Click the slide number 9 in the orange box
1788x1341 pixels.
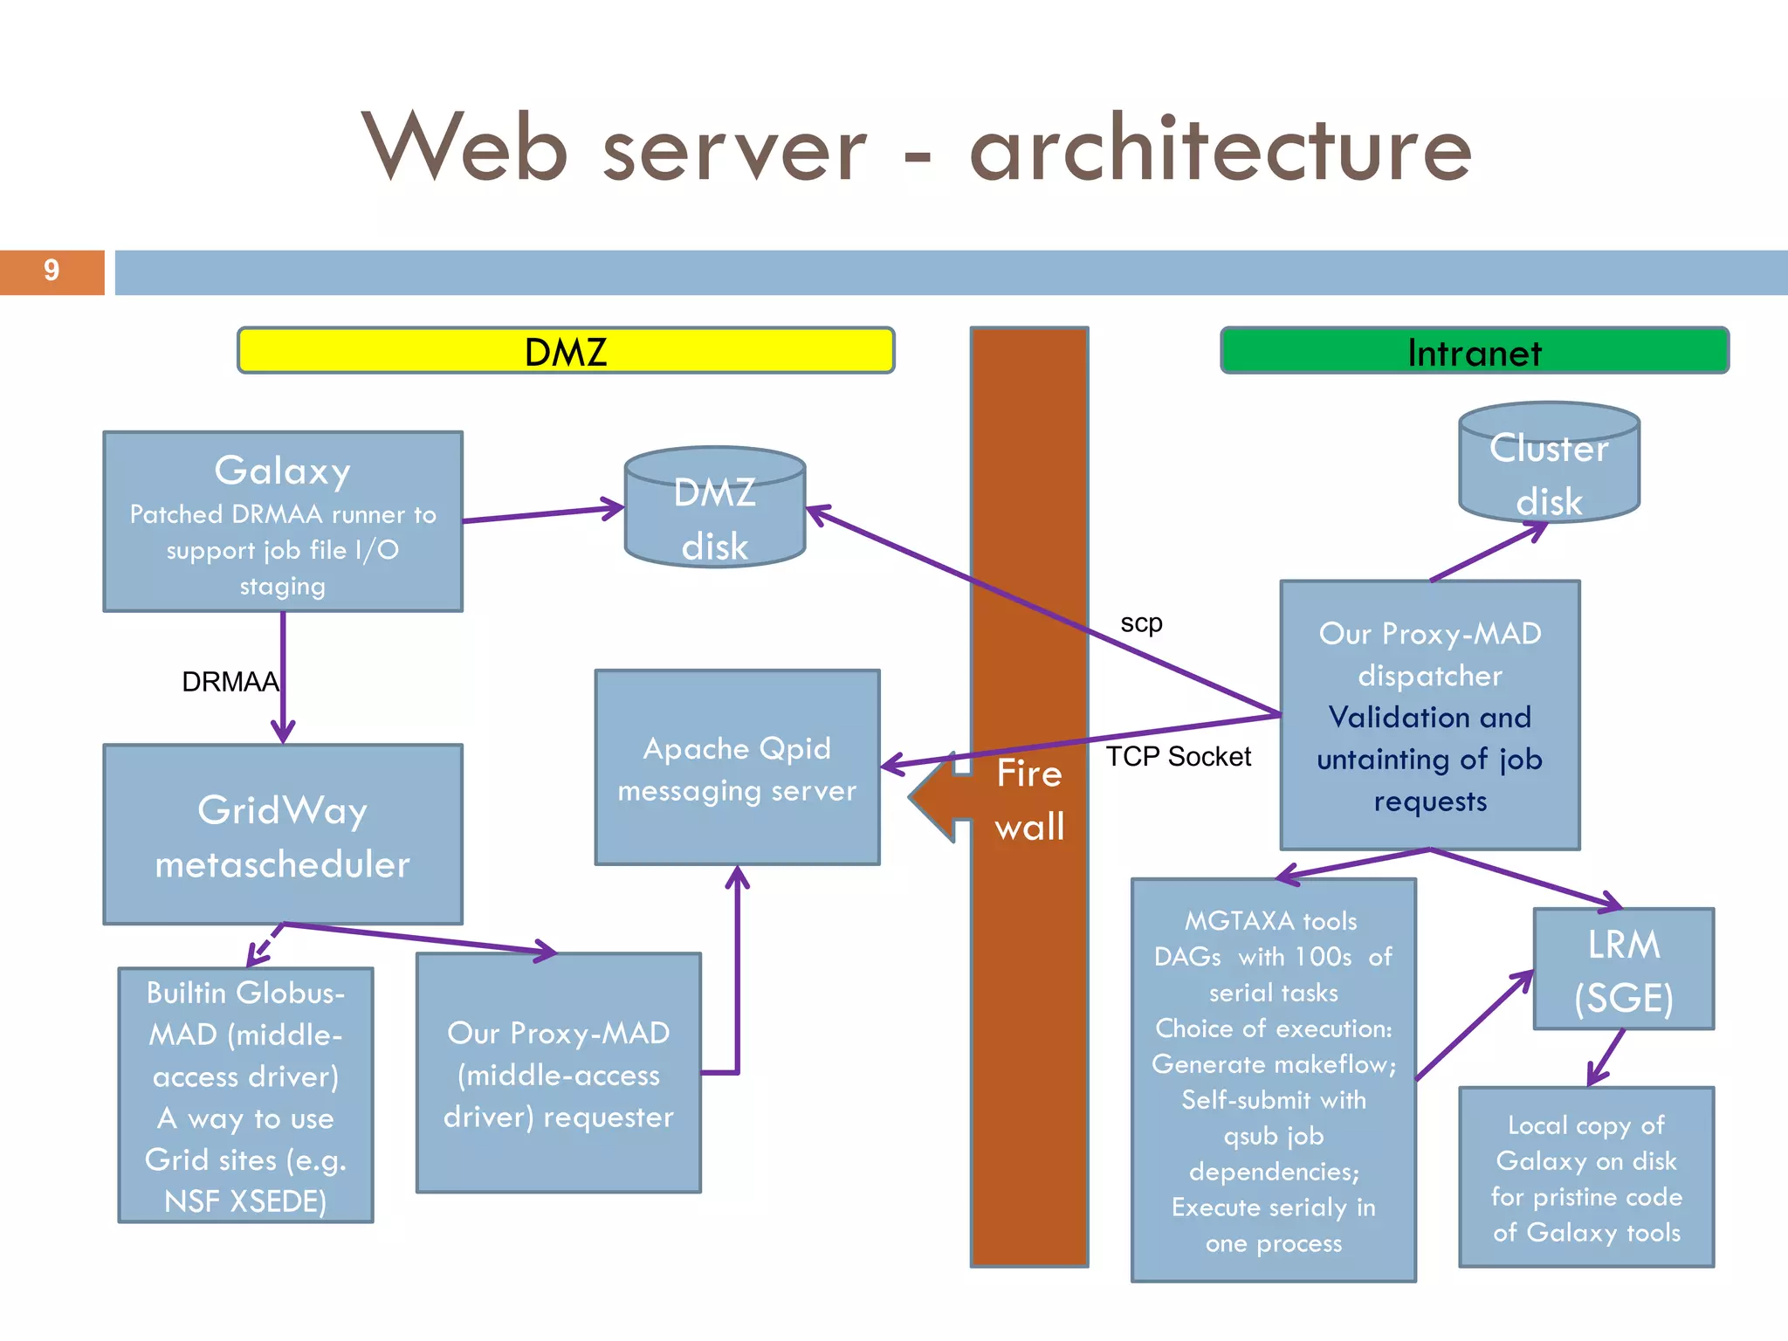pyautogui.click(x=52, y=271)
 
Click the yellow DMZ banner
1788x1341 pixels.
pyautogui.click(x=566, y=351)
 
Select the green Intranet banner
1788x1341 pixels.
pyautogui.click(x=1474, y=351)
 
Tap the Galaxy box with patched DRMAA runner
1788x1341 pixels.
pyautogui.click(x=283, y=522)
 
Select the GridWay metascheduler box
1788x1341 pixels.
pyautogui.click(x=283, y=835)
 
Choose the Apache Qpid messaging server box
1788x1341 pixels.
pyautogui.click(x=737, y=768)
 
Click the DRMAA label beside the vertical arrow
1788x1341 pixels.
pyautogui.click(x=230, y=682)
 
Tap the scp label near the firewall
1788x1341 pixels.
pyautogui.click(x=1141, y=623)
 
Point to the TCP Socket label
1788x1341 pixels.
pyautogui.click(x=1178, y=756)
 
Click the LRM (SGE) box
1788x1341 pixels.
pyautogui.click(x=1624, y=969)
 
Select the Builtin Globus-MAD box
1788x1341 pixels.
pyautogui.click(x=245, y=1095)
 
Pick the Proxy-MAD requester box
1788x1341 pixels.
pyautogui.click(x=559, y=1074)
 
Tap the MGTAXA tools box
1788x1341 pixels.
pyautogui.click(x=1273, y=1081)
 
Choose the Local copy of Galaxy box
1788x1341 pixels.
pyautogui.click(x=1586, y=1177)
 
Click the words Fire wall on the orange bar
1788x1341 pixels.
pyautogui.click(x=1029, y=800)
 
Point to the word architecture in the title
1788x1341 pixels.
pyautogui.click(x=1221, y=150)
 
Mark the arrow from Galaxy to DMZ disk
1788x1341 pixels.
pyautogui.click(x=541, y=513)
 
